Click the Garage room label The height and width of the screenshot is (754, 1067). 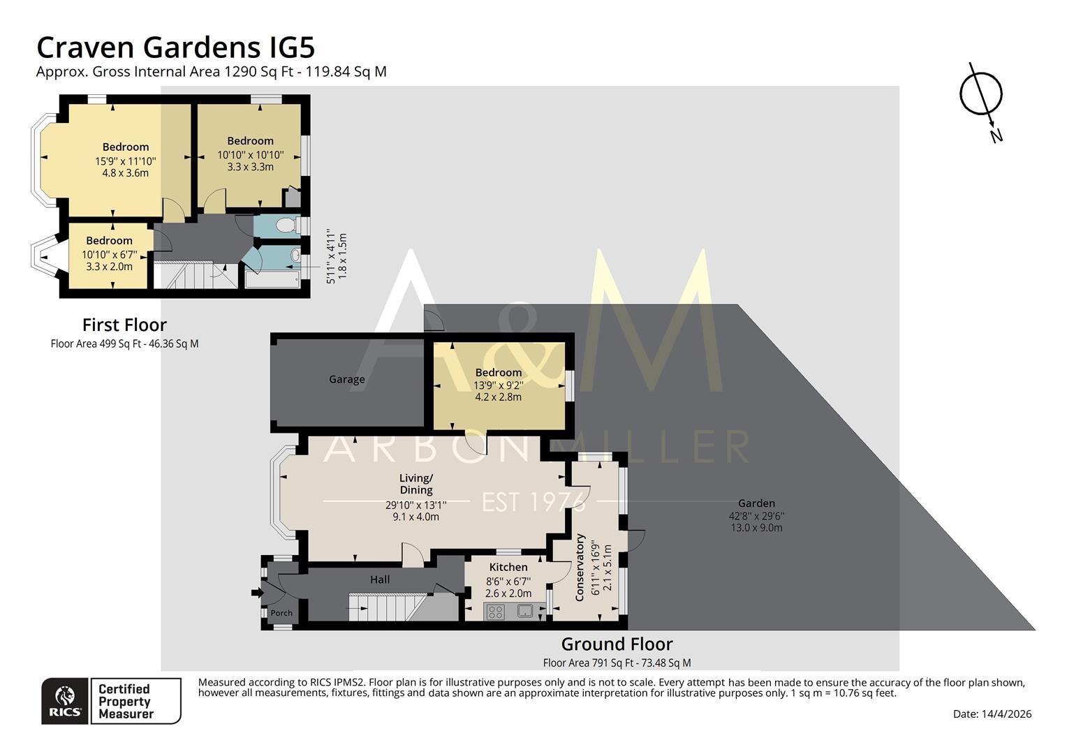(x=347, y=380)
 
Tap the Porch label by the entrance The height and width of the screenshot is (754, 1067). (x=281, y=613)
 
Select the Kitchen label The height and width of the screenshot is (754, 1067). (x=508, y=567)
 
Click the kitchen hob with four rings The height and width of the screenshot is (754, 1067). (x=495, y=612)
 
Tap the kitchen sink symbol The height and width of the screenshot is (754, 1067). (x=525, y=612)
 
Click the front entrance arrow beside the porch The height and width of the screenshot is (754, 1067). (x=257, y=593)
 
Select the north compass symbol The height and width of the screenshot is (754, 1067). (x=981, y=95)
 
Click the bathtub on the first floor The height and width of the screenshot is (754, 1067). (x=272, y=279)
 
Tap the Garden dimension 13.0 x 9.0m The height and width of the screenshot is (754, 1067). (x=756, y=528)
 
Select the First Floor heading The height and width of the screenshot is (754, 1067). (x=124, y=325)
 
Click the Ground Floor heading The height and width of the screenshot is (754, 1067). (x=617, y=644)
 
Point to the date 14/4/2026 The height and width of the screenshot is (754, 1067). (x=1006, y=714)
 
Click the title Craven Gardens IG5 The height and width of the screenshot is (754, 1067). (x=175, y=47)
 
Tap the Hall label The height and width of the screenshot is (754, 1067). (x=380, y=579)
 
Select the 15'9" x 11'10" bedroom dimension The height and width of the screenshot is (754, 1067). (x=126, y=161)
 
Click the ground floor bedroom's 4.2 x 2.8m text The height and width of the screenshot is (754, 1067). (x=498, y=397)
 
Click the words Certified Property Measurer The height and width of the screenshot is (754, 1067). (x=126, y=701)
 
